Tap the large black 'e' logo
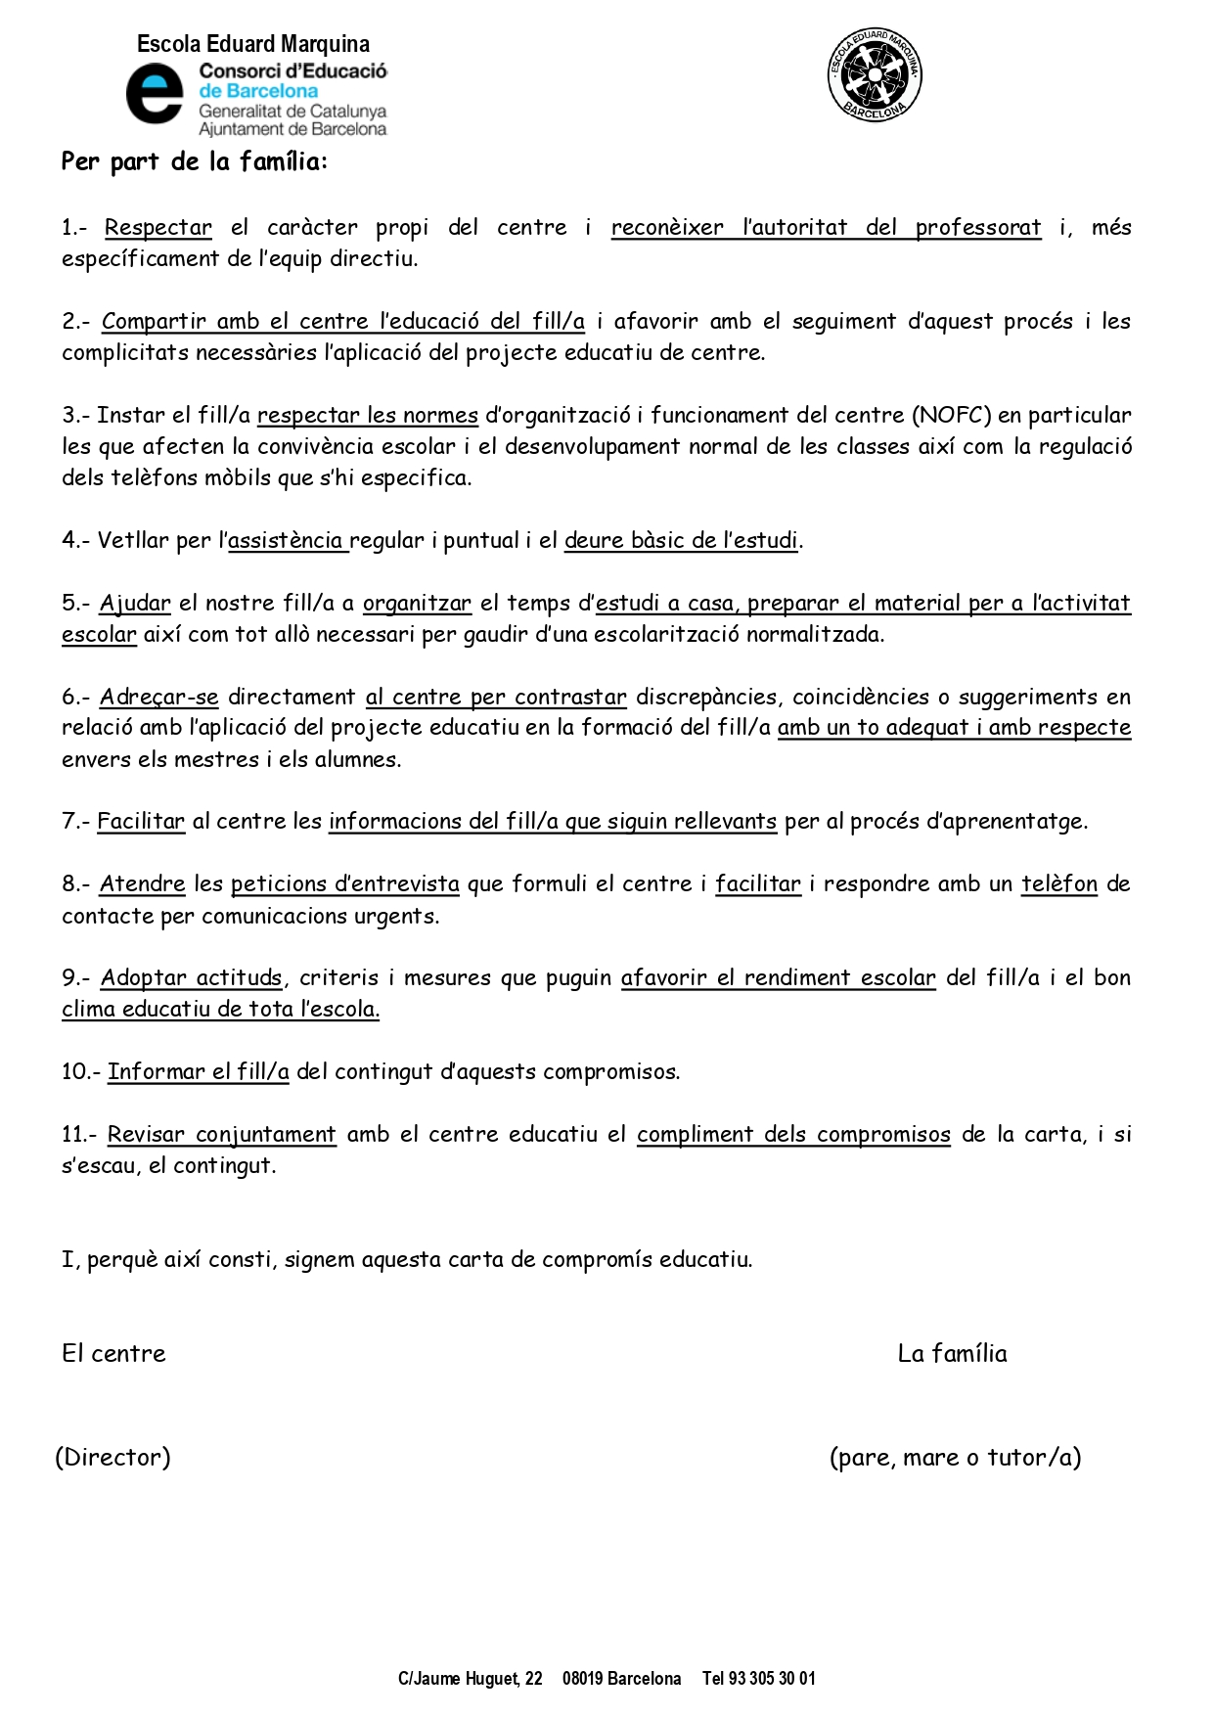[x=155, y=94]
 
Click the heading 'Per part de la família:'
[x=194, y=161]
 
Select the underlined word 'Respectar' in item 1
[x=157, y=228]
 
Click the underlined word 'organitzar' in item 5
[x=417, y=603]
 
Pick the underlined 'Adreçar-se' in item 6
[x=158, y=697]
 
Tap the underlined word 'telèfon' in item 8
[x=1059, y=883]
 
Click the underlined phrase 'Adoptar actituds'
[x=191, y=977]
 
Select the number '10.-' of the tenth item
[x=80, y=1071]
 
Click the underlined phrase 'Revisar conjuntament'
[x=221, y=1134]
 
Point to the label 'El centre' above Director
[x=113, y=1353]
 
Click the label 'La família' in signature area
[x=952, y=1353]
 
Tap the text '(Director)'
[x=112, y=1457]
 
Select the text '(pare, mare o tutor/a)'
[x=955, y=1457]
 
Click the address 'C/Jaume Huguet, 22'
[x=470, y=1679]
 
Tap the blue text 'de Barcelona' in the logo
[x=258, y=91]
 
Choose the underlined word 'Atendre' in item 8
[x=142, y=883]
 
